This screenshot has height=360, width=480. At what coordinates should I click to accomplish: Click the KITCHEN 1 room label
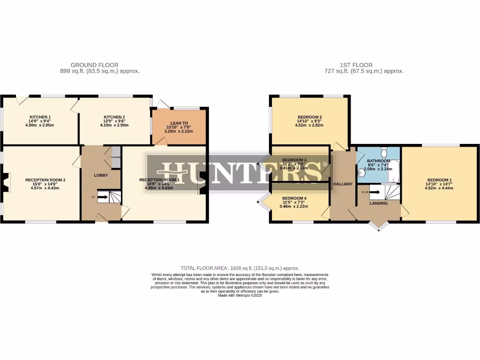point(40,117)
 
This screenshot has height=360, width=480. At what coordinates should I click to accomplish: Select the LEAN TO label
point(179,122)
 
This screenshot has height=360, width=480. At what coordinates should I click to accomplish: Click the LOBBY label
point(101,175)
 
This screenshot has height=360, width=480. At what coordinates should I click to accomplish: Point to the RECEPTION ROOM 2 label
point(45,180)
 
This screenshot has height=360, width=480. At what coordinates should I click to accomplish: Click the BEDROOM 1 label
point(439,180)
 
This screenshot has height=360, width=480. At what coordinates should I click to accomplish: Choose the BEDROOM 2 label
point(309,117)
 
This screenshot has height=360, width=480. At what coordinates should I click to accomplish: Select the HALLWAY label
point(343,184)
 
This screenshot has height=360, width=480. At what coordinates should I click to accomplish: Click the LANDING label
point(378,203)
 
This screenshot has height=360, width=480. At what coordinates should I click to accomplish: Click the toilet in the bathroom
point(384,152)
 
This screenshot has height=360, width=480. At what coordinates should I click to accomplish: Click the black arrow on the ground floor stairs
point(103,197)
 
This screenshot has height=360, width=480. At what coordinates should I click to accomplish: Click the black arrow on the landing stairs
point(375,192)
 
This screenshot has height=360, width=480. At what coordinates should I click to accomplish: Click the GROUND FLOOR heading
point(94,65)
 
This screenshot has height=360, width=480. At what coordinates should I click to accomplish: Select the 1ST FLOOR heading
point(356,65)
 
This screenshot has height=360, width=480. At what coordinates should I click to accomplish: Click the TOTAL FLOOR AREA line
point(240,268)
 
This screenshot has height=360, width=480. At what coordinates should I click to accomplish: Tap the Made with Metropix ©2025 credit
point(240,295)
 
